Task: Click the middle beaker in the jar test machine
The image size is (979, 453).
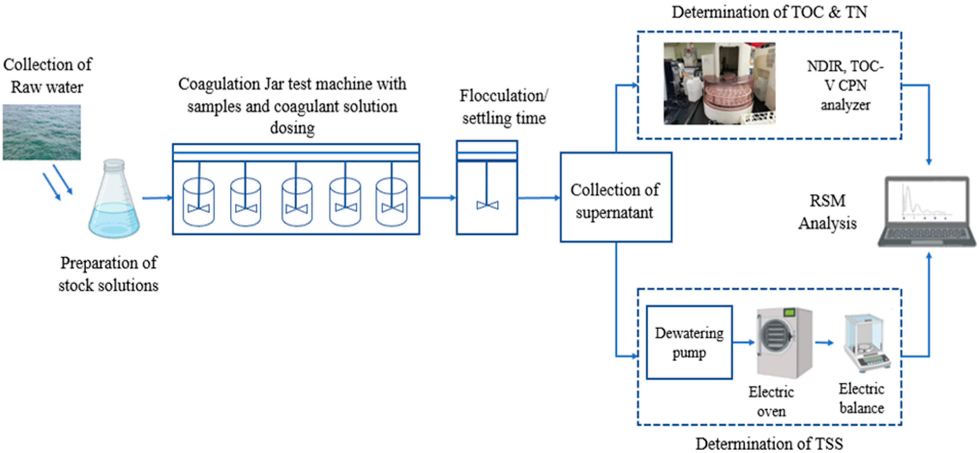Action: (x=297, y=202)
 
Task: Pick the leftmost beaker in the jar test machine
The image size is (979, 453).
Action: (x=198, y=202)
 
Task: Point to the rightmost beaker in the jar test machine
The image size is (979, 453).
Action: (x=392, y=202)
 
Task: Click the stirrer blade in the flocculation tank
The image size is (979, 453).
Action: (x=487, y=205)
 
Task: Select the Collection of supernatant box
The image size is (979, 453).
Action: (x=616, y=197)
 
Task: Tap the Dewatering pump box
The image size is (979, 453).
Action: (x=689, y=342)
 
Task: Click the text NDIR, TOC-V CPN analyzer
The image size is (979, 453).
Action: (x=845, y=86)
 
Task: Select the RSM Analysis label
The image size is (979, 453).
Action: (x=827, y=212)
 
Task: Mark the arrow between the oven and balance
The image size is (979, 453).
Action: (x=824, y=343)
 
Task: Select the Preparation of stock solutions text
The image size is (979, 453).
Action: (x=108, y=274)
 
